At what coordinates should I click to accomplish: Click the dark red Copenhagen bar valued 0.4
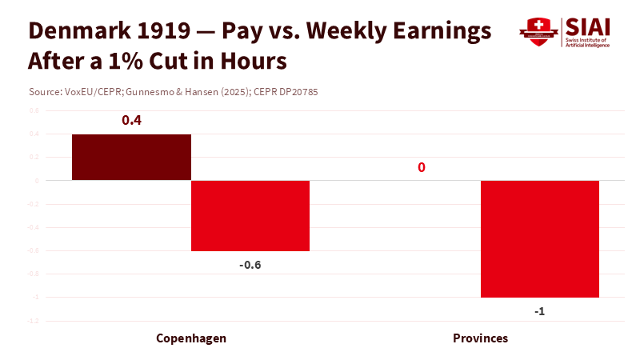click(131, 157)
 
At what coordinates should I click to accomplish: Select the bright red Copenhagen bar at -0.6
click(250, 215)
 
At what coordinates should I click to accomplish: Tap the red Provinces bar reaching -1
click(540, 238)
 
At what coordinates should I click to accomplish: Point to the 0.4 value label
click(131, 120)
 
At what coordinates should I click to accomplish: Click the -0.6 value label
click(250, 265)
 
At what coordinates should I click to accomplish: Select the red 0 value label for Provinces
click(421, 167)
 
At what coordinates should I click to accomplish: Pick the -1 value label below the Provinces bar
click(540, 311)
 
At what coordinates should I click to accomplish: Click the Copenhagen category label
click(191, 338)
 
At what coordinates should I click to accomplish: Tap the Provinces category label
click(480, 338)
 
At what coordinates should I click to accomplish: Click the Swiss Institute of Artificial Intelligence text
click(588, 42)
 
